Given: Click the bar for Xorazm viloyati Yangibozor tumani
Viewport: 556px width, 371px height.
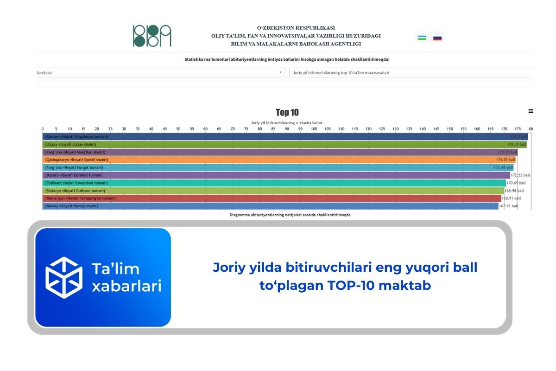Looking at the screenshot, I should pos(278,137).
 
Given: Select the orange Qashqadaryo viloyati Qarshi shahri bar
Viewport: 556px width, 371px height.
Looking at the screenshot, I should pos(278,160).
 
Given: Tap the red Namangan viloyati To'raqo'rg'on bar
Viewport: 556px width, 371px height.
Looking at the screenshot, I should pos(278,198).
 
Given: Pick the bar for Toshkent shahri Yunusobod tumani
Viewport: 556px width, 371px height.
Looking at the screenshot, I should pos(278,183).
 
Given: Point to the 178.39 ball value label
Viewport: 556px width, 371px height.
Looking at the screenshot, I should pos(516,145).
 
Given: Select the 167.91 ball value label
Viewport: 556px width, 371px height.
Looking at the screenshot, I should pos(508,206).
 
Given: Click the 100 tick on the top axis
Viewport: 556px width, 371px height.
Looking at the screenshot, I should pos(314,129).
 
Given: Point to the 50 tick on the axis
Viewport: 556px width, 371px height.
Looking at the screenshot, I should pos(178,129).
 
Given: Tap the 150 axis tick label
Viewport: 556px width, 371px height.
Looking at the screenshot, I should pos(450,129).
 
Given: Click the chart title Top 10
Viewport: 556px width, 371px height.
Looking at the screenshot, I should pos(287,112).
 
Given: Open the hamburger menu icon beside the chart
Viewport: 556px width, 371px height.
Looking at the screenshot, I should pos(531,111).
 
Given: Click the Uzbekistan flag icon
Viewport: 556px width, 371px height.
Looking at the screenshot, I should pos(422,38).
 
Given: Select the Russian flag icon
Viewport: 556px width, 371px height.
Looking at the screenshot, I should pos(437,38).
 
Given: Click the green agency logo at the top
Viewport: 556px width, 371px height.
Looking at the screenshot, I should pos(152,36).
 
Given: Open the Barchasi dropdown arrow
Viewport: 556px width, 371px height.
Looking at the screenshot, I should pos(280,73).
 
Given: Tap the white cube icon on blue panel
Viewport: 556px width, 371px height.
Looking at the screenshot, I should pos(63,277).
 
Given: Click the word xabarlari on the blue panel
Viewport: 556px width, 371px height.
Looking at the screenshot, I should pos(126,286).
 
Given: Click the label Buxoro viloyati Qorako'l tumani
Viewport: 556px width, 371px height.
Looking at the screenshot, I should pos(74,175).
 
